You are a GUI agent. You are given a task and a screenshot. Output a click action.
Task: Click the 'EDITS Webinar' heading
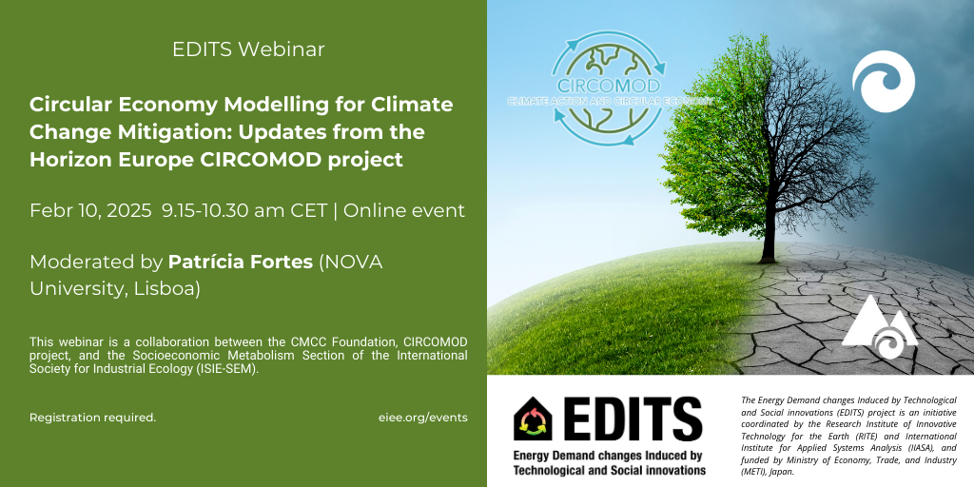pyautogui.click(x=248, y=49)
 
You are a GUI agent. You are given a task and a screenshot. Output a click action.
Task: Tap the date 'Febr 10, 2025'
pyautogui.click(x=90, y=211)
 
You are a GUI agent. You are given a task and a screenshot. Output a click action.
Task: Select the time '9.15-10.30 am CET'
pyautogui.click(x=244, y=211)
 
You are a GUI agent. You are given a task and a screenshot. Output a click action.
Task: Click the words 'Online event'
pyautogui.click(x=403, y=211)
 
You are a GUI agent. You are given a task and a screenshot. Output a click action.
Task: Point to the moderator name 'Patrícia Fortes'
pyautogui.click(x=241, y=263)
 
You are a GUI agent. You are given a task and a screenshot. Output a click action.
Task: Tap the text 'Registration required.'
pyautogui.click(x=92, y=418)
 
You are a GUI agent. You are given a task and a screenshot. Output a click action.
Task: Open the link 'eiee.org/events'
pyautogui.click(x=422, y=418)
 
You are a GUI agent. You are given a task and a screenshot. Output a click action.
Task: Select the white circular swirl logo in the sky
pyautogui.click(x=884, y=82)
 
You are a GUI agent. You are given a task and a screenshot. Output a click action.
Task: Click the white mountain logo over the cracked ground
pyautogui.click(x=880, y=326)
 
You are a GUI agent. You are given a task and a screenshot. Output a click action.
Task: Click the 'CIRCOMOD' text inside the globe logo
pyautogui.click(x=607, y=85)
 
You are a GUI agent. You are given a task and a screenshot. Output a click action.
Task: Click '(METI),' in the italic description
pyautogui.click(x=756, y=472)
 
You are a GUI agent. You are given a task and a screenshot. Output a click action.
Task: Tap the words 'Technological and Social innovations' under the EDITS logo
pyautogui.click(x=610, y=470)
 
